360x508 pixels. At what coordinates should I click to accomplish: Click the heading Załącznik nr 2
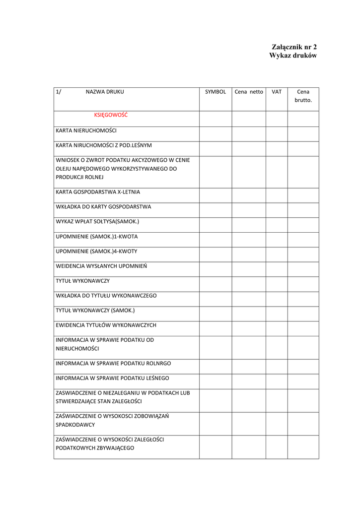click(294, 47)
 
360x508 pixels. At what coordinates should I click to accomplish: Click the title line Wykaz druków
click(293, 56)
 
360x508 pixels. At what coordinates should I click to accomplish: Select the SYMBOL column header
click(216, 92)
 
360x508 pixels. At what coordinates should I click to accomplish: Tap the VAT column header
click(277, 92)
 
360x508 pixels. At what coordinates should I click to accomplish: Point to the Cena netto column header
click(249, 92)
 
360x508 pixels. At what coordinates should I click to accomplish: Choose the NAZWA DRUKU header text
click(105, 92)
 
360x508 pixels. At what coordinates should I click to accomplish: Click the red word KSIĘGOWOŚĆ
click(111, 115)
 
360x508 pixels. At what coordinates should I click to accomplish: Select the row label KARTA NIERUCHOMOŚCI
click(86, 130)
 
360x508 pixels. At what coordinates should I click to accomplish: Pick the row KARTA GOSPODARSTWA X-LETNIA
click(98, 192)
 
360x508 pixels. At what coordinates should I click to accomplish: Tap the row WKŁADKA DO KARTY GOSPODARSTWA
click(103, 207)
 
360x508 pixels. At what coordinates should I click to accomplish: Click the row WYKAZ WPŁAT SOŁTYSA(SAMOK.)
click(97, 222)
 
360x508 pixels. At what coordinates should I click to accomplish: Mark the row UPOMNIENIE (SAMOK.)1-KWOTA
click(96, 237)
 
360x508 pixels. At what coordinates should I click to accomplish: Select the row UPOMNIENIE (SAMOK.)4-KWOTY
click(96, 252)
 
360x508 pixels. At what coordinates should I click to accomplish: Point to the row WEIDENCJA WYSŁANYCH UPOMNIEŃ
click(101, 266)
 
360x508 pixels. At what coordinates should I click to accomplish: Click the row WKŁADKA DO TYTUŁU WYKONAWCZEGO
click(106, 296)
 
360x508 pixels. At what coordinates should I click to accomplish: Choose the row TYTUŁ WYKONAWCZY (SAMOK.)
click(95, 311)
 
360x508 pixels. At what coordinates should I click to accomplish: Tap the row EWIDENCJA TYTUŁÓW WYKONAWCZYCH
click(106, 325)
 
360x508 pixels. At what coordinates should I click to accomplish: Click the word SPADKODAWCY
click(75, 425)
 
